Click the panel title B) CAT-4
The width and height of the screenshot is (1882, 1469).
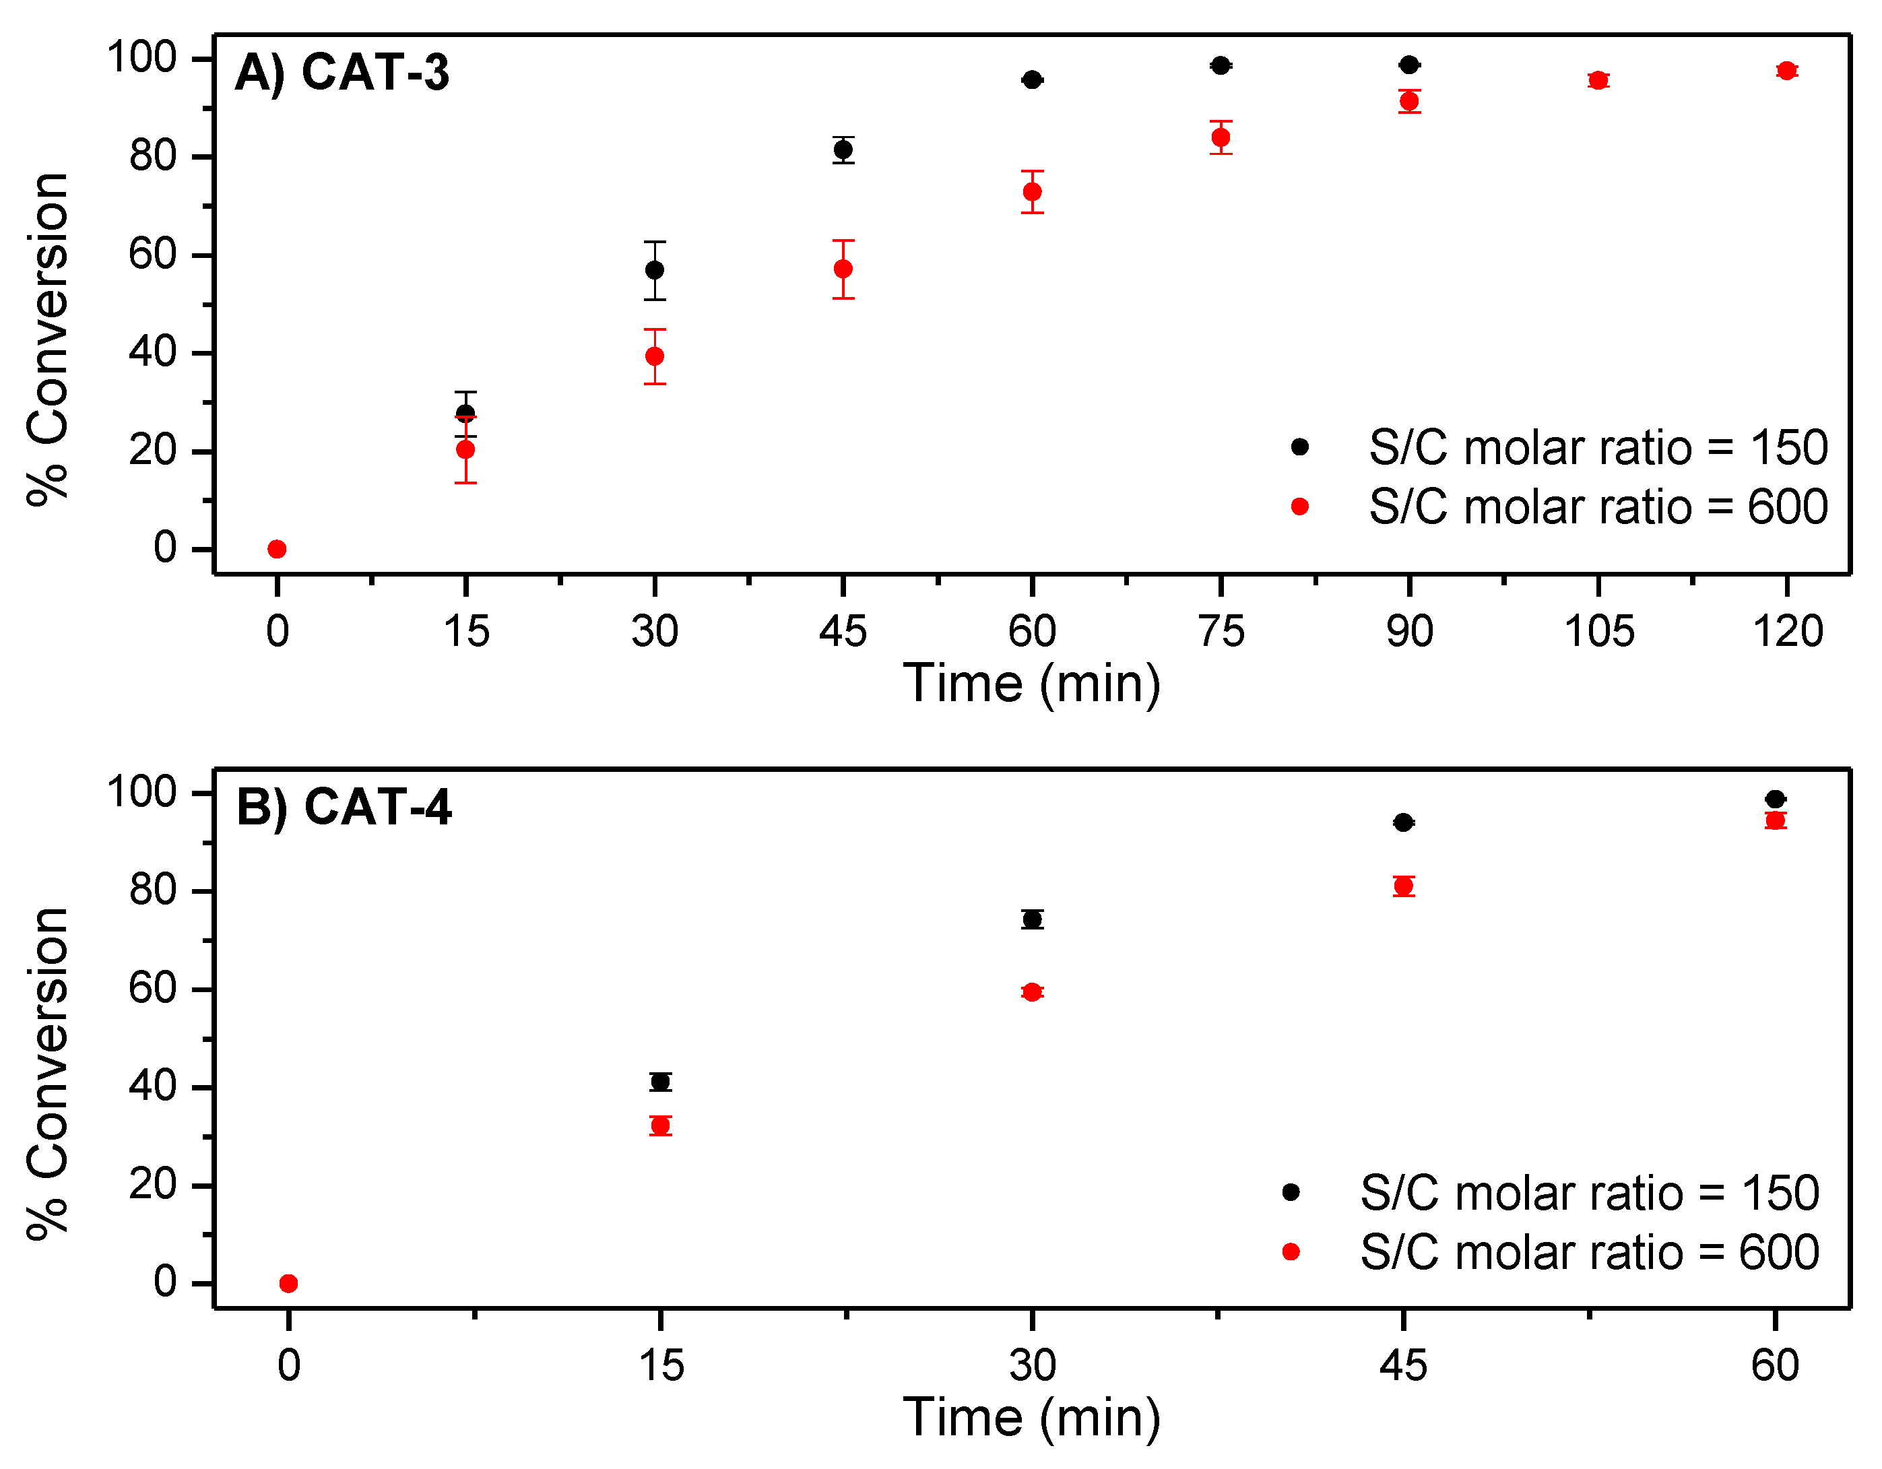pos(343,808)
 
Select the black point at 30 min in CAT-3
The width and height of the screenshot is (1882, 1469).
pos(654,269)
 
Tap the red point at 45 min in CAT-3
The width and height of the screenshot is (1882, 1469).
pos(843,269)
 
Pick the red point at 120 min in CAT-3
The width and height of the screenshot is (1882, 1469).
pos(1786,71)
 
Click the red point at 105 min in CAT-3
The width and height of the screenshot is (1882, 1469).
pos(1598,80)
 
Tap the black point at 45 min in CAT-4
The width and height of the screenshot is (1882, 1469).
pos(1403,823)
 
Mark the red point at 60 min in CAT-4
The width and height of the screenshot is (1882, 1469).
pos(1774,820)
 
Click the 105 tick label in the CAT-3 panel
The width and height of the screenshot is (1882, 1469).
pos(1598,632)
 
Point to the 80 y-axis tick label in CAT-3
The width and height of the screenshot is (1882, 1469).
pos(152,157)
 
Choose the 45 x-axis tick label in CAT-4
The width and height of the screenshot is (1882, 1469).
pos(1403,1365)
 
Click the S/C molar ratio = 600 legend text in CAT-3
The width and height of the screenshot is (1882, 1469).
pos(1598,507)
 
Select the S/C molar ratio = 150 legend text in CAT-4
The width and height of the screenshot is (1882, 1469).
pos(1589,1194)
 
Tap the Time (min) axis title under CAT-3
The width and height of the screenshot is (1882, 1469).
pos(1031,684)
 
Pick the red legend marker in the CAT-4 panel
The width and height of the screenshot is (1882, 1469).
pos(1290,1252)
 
